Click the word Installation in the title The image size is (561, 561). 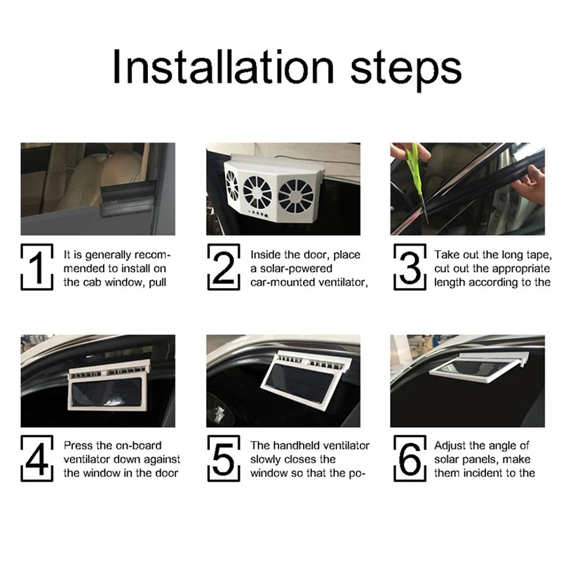pyautogui.click(x=223, y=67)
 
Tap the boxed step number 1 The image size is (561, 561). pyautogui.click(x=37, y=267)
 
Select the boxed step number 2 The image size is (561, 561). pyautogui.click(x=224, y=267)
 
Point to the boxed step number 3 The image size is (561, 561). pyautogui.click(x=410, y=267)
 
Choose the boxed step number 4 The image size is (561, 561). pyautogui.click(x=37, y=459)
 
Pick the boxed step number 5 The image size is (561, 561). pyautogui.click(x=224, y=459)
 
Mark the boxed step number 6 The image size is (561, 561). pyautogui.click(x=410, y=459)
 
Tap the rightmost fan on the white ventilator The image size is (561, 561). pyautogui.click(x=296, y=196)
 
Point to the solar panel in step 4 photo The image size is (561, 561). pyautogui.click(x=107, y=394)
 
